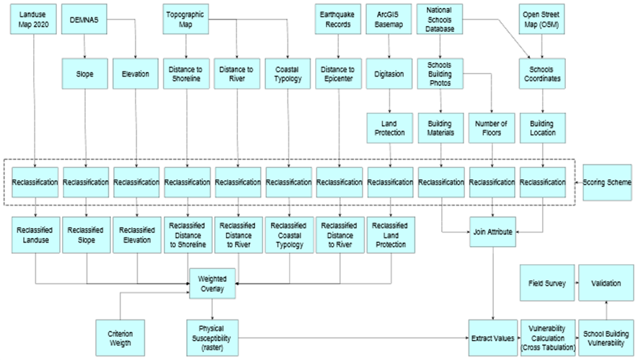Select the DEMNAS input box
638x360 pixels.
(x=85, y=18)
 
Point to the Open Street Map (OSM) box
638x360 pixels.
(x=541, y=18)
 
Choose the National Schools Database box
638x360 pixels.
(x=440, y=18)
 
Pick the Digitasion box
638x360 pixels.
(x=389, y=74)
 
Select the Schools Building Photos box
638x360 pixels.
(x=440, y=74)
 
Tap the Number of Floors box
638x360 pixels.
(x=491, y=127)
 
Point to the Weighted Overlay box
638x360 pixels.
(x=213, y=284)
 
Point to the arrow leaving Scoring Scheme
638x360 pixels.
(x=577, y=183)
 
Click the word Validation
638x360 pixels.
(x=606, y=284)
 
